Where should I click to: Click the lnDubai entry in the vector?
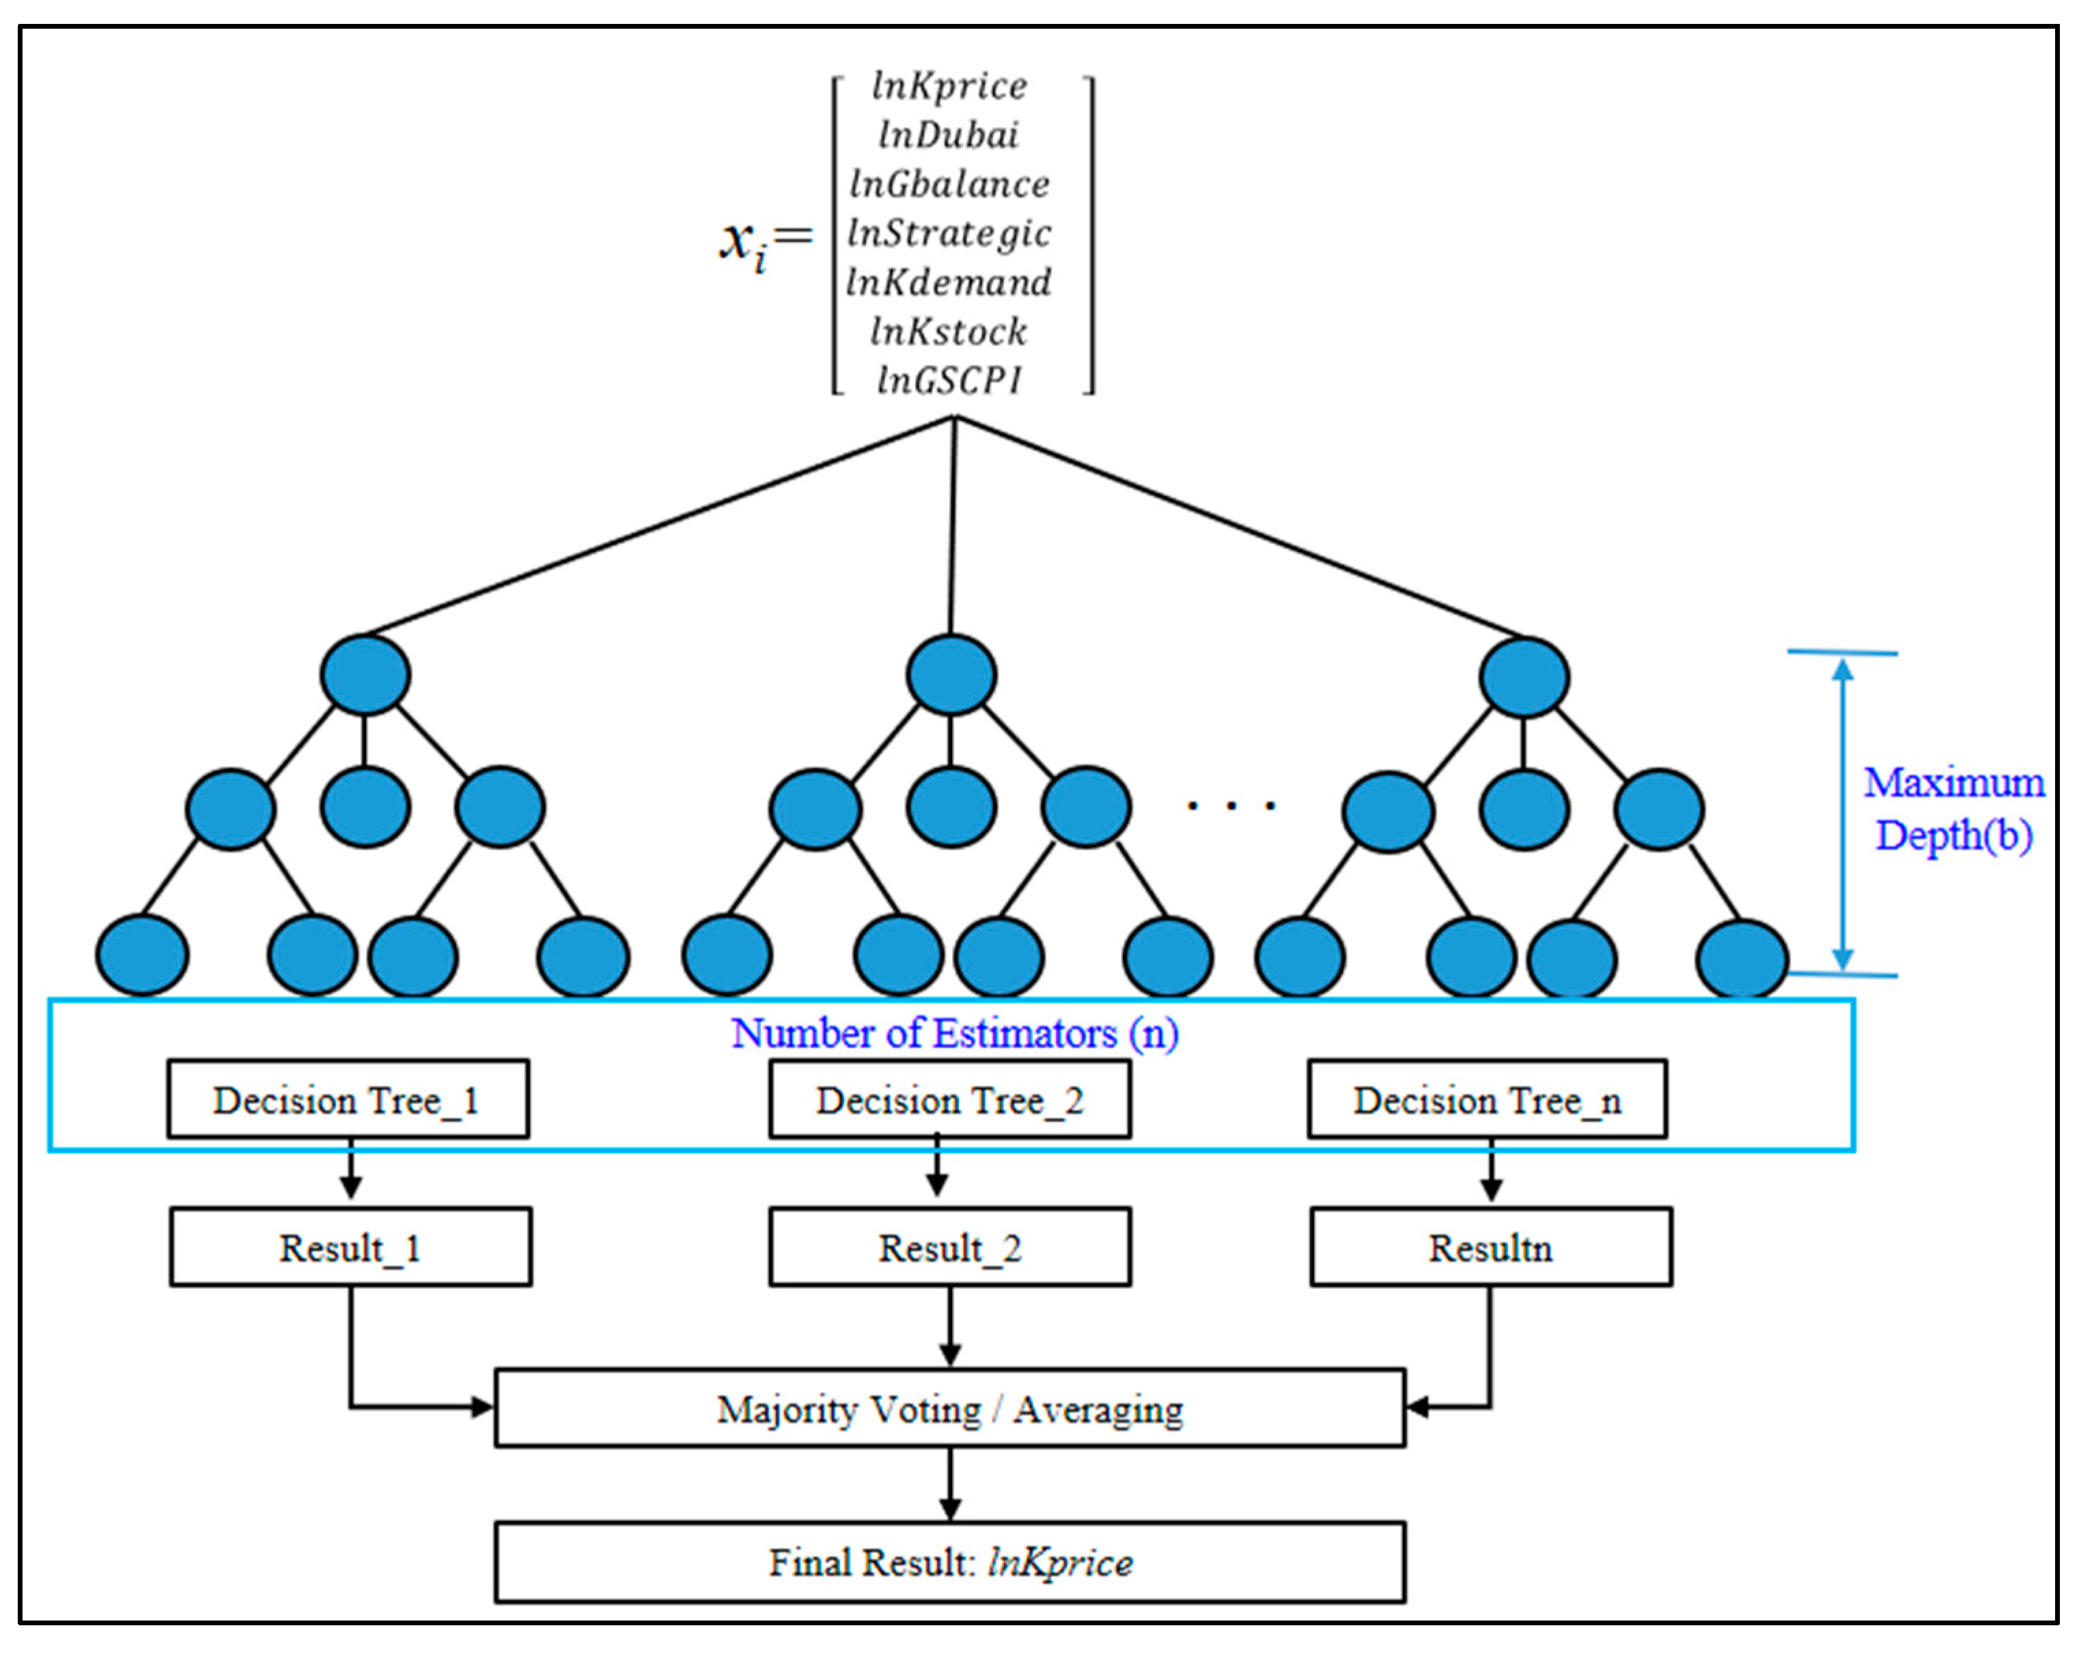948,135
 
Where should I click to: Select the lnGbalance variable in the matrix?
949,184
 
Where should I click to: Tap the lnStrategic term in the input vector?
949,234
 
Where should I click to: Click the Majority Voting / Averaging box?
950,1409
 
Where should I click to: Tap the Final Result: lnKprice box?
950,1562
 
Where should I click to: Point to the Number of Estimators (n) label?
955,1033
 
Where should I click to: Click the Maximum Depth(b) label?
1953,808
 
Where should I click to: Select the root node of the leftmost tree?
365,674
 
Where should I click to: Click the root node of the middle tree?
951,674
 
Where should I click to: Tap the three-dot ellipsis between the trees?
1231,804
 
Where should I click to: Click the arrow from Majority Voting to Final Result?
950,1485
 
